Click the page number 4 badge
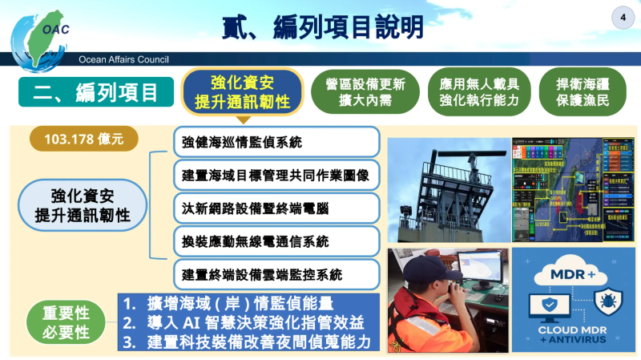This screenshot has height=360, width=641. click(622, 18)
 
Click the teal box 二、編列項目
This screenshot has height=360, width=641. click(96, 92)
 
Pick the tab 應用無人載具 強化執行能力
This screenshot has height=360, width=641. click(479, 92)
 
